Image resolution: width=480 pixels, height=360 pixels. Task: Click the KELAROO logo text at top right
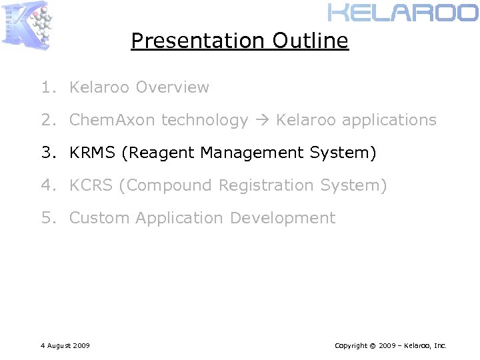pyautogui.click(x=403, y=13)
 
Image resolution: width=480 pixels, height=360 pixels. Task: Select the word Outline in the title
pyautogui.click(x=310, y=41)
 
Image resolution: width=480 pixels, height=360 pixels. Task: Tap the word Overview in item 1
pyautogui.click(x=172, y=87)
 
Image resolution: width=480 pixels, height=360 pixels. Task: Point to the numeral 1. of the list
pyautogui.click(x=47, y=87)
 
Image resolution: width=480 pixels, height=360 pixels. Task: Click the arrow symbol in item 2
pyautogui.click(x=262, y=121)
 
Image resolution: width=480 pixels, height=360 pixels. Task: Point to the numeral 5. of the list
pyautogui.click(x=47, y=218)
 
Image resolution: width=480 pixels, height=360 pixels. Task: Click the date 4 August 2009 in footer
pyautogui.click(x=65, y=345)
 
